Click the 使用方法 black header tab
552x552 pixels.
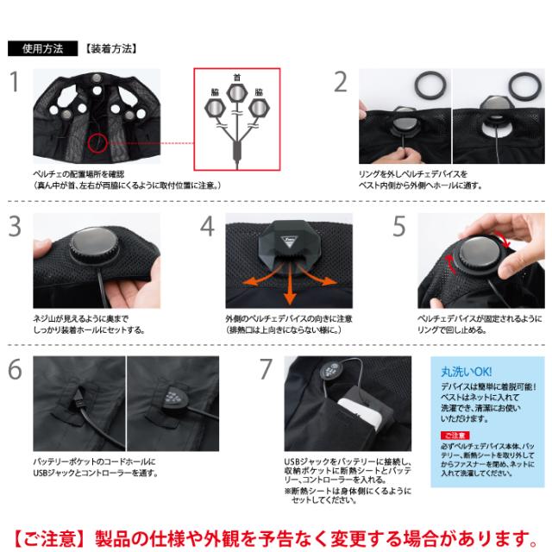click(x=43, y=48)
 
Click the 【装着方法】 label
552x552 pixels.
click(x=112, y=48)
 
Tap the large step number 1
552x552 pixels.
click(x=15, y=83)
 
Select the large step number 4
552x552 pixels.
click(x=207, y=226)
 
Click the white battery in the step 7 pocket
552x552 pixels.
click(x=362, y=427)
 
